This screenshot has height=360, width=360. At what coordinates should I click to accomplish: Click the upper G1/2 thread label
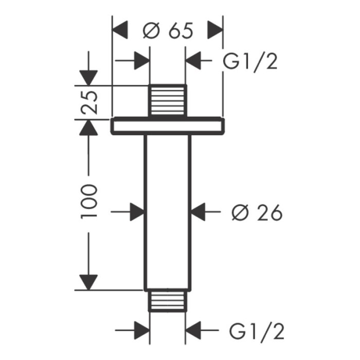point(250,62)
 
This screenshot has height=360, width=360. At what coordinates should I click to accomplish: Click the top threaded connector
point(167,100)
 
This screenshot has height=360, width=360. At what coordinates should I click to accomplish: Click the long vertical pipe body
point(167,211)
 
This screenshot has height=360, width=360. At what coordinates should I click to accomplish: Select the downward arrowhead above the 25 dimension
point(88,78)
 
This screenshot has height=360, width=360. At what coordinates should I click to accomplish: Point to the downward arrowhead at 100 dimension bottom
point(88,282)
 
